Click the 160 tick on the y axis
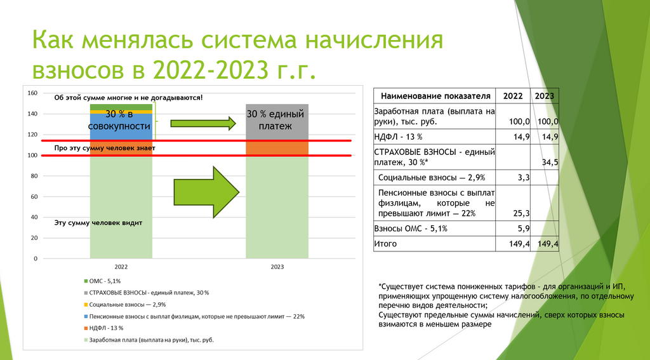pos(32,93)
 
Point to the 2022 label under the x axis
pos(121,267)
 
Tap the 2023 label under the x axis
pos(277,267)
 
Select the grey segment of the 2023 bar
pos(277,122)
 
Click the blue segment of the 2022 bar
pos(121,127)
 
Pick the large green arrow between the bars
pos(206,192)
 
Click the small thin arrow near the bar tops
pos(203,123)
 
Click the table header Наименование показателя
pos(435,97)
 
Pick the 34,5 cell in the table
pos(550,162)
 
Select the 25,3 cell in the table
pos(522,213)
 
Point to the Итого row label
pos(385,244)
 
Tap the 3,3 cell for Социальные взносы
pos(524,178)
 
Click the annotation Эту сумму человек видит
pos(98,223)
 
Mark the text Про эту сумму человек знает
pos(105,148)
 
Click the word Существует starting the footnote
pos(399,286)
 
